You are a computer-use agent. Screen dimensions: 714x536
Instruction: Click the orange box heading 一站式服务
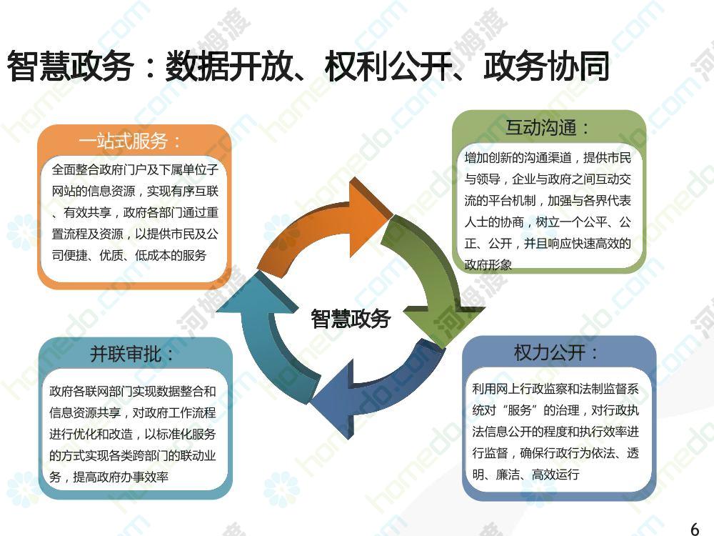click(129, 142)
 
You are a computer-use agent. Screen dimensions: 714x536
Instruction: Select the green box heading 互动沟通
click(546, 127)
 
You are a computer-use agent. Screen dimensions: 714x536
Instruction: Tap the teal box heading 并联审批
click(131, 354)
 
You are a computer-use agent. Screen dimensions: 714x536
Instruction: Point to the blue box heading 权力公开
click(555, 352)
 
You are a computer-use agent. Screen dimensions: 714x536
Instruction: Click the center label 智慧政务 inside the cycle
click(351, 318)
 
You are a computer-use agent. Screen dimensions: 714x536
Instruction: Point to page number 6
click(695, 529)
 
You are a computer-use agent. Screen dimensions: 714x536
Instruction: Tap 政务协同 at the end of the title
click(546, 66)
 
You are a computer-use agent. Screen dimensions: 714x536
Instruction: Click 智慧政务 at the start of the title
click(70, 66)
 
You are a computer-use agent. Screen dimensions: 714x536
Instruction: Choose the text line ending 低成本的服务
click(129, 255)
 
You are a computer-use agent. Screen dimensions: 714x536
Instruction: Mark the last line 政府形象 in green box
click(488, 265)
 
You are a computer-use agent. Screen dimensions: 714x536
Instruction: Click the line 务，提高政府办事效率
click(109, 477)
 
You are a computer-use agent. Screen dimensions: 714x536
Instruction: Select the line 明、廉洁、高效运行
click(526, 475)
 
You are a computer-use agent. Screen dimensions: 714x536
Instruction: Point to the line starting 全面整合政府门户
click(135, 169)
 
